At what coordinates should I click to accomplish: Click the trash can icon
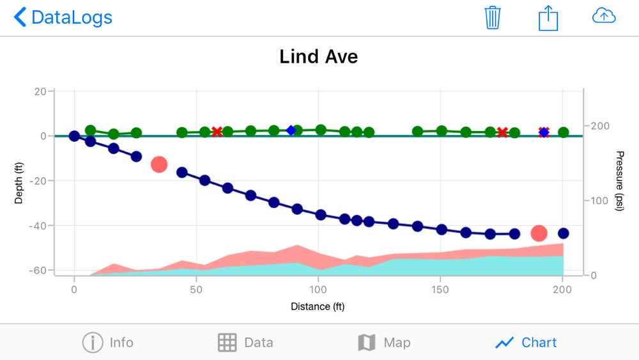point(492,17)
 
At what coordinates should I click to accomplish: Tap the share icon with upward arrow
point(548,17)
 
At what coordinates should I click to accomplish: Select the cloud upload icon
point(604,17)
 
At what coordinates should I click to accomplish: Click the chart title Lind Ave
point(318,56)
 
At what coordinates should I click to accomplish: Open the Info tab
point(108,343)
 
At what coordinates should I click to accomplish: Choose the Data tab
point(245,343)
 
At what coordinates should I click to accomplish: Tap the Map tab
point(383,343)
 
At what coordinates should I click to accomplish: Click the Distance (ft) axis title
point(318,306)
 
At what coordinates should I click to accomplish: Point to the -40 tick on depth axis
point(37,226)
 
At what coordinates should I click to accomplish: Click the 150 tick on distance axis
point(440,289)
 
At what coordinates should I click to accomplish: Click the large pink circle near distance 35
point(158,164)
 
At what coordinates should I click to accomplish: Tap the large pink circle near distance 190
point(539,233)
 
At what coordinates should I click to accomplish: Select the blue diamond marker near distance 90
point(291,130)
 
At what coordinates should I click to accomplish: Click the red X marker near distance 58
point(217,132)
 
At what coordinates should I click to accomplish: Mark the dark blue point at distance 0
point(74,136)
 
